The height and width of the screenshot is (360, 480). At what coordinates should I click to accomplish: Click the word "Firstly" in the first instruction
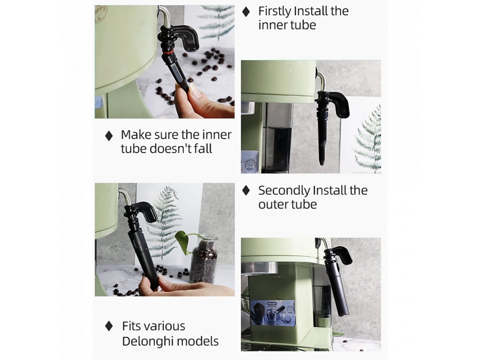coord(275,12)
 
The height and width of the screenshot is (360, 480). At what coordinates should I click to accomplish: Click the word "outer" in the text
coord(272,204)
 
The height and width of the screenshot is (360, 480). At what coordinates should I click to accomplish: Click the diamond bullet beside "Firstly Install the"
coord(246,12)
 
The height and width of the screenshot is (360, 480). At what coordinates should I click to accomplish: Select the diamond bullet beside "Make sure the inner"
coord(109,135)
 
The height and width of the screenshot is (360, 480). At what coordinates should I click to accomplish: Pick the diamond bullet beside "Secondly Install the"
coord(246,190)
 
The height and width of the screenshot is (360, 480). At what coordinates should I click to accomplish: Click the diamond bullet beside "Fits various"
coord(109,326)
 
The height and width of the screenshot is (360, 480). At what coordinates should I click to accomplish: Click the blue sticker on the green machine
coord(273,312)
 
